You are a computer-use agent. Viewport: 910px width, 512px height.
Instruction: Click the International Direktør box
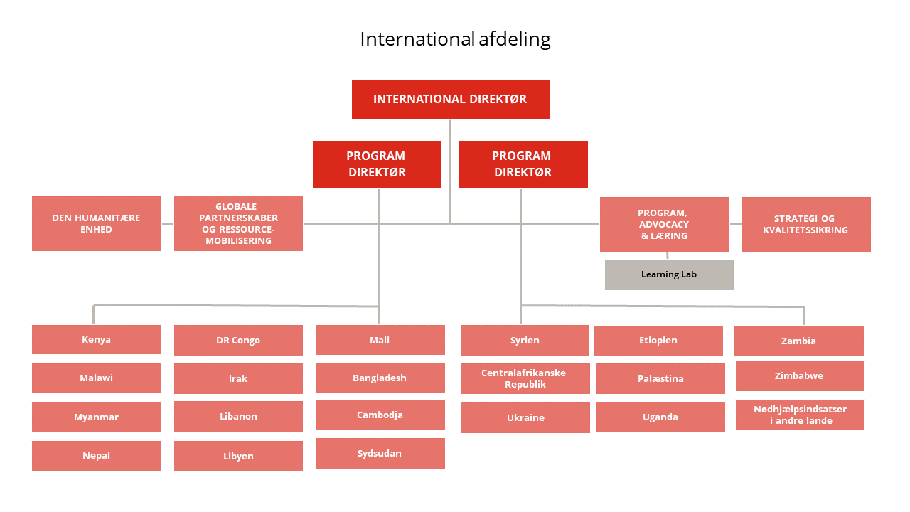450,100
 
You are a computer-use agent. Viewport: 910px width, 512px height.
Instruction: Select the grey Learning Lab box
669,274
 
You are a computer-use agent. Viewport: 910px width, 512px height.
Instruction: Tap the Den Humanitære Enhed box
96,223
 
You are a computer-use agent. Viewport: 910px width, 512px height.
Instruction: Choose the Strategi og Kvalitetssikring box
805,224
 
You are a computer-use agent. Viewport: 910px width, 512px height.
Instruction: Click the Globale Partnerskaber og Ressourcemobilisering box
238,223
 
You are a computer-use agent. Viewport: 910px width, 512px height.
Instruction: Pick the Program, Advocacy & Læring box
664,224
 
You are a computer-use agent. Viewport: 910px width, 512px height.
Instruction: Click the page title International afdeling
455,39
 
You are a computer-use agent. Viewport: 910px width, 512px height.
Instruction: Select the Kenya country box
96,339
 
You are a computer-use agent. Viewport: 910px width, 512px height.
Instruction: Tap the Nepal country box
96,455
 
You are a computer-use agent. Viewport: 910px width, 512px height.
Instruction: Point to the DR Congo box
238,340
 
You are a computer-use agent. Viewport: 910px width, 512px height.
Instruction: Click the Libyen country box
238,456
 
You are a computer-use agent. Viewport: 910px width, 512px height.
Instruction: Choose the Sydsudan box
380,453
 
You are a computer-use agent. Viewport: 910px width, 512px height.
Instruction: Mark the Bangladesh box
380,378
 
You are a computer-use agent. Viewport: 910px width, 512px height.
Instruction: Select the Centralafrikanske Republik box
525,378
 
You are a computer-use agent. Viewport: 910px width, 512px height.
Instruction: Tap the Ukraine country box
525,417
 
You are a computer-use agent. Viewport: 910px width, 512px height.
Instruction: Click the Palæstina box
660,378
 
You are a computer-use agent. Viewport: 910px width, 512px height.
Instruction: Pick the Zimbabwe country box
799,375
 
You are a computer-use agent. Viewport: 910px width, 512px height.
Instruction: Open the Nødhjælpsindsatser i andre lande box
800,415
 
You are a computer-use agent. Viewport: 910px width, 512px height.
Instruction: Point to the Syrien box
525,340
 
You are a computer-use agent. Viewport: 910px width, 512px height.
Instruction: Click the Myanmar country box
96,417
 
